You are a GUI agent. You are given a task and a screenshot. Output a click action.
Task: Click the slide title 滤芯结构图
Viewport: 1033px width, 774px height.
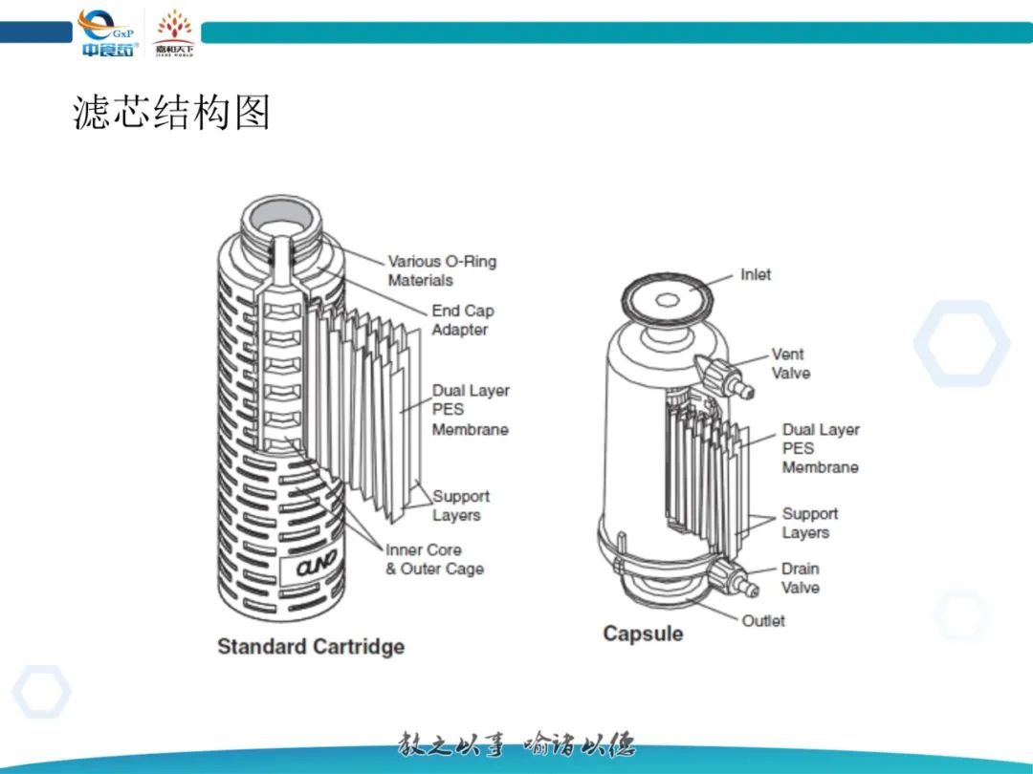[172, 113]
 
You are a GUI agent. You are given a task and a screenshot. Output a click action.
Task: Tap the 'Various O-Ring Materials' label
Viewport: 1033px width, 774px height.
[442, 270]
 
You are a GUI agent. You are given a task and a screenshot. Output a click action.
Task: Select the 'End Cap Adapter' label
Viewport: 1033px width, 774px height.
[463, 320]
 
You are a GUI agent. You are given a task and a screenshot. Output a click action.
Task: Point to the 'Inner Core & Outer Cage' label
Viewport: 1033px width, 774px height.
[434, 559]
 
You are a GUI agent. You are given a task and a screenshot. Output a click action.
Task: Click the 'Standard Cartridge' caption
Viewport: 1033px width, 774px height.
[311, 646]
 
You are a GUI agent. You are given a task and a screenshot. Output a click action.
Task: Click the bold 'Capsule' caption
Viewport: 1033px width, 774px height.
[643, 634]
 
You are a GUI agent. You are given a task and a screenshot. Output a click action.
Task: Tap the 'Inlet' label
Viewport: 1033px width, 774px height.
[756, 274]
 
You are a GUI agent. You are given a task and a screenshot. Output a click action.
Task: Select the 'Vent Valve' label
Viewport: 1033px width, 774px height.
[789, 363]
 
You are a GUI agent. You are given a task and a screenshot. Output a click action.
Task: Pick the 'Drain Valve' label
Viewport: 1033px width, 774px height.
[801, 578]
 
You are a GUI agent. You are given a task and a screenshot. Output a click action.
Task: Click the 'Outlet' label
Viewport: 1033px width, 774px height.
[763, 620]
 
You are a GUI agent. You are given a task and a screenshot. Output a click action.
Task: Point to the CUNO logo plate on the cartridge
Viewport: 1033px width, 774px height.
[313, 568]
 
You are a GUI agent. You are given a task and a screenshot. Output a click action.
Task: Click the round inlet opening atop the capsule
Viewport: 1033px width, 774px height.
[668, 299]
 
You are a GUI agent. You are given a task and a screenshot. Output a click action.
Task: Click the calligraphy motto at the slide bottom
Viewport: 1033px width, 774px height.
[516, 744]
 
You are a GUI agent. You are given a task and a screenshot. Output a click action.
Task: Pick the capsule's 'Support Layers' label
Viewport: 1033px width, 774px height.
[810, 523]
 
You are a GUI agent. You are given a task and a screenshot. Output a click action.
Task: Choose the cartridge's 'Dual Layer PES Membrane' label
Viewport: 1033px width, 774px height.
[471, 410]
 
